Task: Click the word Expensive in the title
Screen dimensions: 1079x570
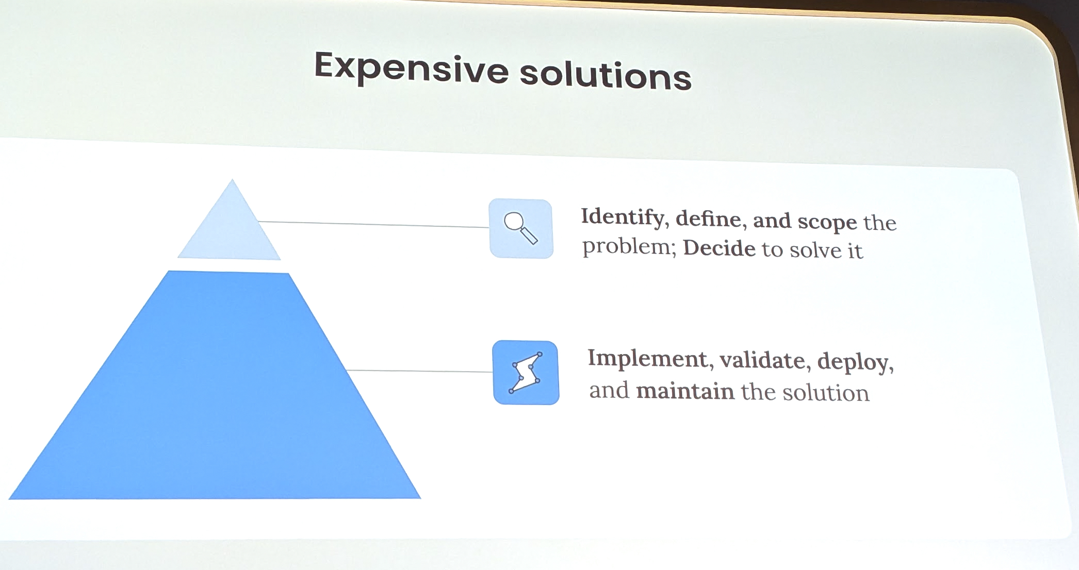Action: coord(412,68)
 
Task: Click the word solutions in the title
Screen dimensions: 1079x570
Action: coord(605,75)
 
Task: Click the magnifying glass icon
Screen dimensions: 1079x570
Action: coord(521,228)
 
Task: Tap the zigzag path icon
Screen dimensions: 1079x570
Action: coord(526,373)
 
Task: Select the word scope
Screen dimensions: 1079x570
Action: coord(827,222)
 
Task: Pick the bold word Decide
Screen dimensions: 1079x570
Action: coord(720,248)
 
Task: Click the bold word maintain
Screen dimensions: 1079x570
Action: coord(685,391)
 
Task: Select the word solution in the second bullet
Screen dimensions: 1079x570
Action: coord(826,393)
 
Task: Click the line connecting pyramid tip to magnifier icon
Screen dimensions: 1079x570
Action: coord(373,224)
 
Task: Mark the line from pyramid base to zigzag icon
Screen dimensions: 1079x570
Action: coord(419,371)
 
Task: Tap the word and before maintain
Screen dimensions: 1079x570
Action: coord(609,390)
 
